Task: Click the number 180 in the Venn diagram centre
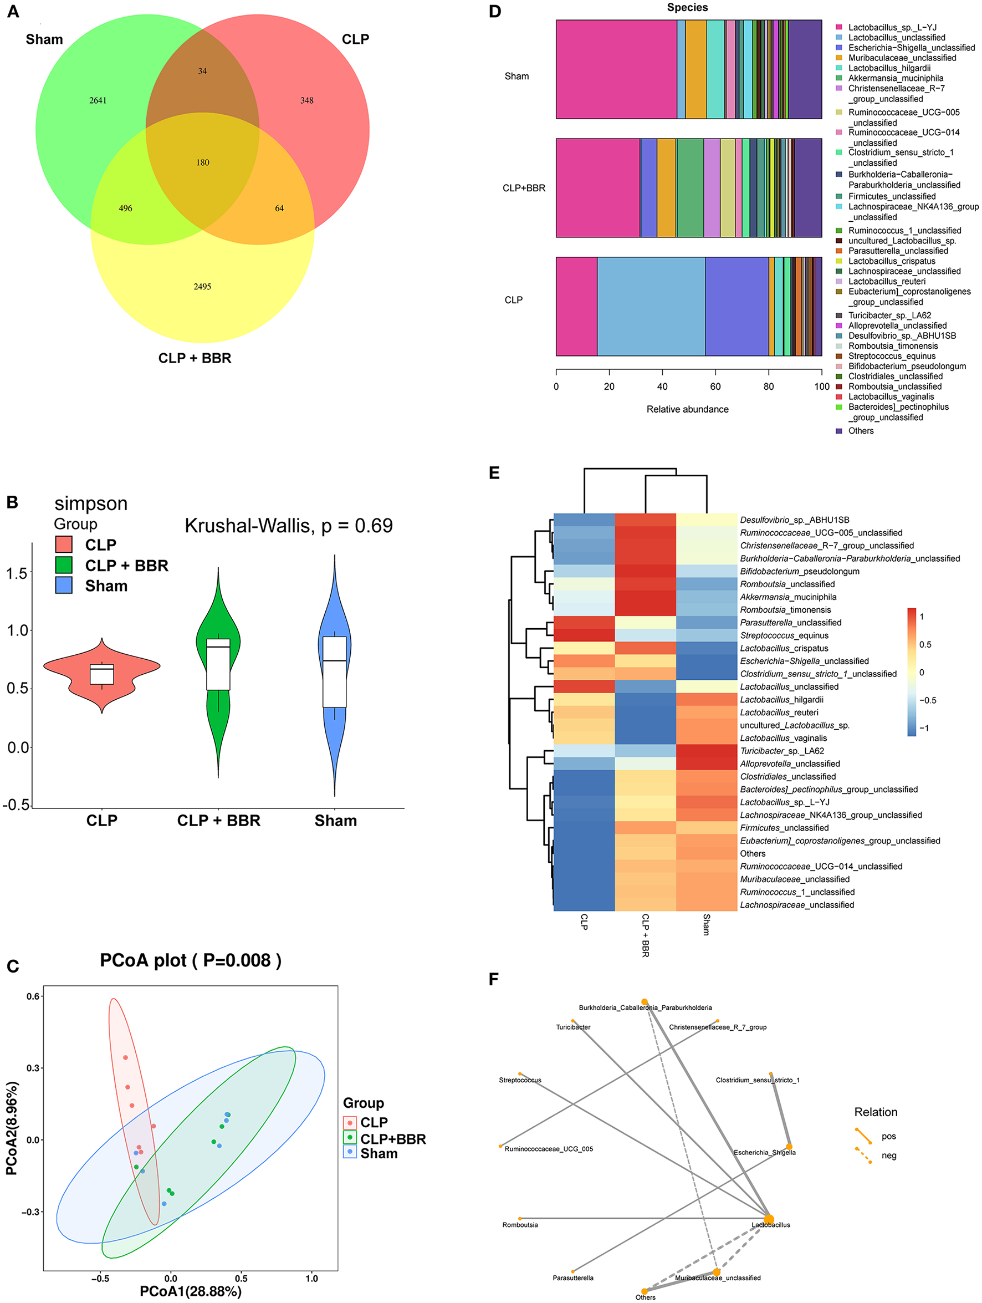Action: click(202, 162)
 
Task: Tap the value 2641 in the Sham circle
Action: click(98, 101)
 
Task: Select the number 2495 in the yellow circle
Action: click(202, 287)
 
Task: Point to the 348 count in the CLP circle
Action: click(306, 101)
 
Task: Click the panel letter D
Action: click(495, 12)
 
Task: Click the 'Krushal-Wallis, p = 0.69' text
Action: click(289, 526)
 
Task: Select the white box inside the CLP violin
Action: click(102, 674)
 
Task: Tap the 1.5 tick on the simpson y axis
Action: click(17, 573)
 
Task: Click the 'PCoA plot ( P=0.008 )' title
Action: click(191, 960)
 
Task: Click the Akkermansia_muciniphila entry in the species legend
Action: click(896, 78)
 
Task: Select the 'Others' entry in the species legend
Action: click(861, 431)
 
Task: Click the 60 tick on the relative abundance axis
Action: click(715, 386)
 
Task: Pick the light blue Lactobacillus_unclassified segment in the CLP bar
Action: click(651, 306)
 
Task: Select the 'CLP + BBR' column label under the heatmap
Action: click(646, 935)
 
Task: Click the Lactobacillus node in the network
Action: click(769, 1219)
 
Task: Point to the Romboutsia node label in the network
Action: click(520, 1225)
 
